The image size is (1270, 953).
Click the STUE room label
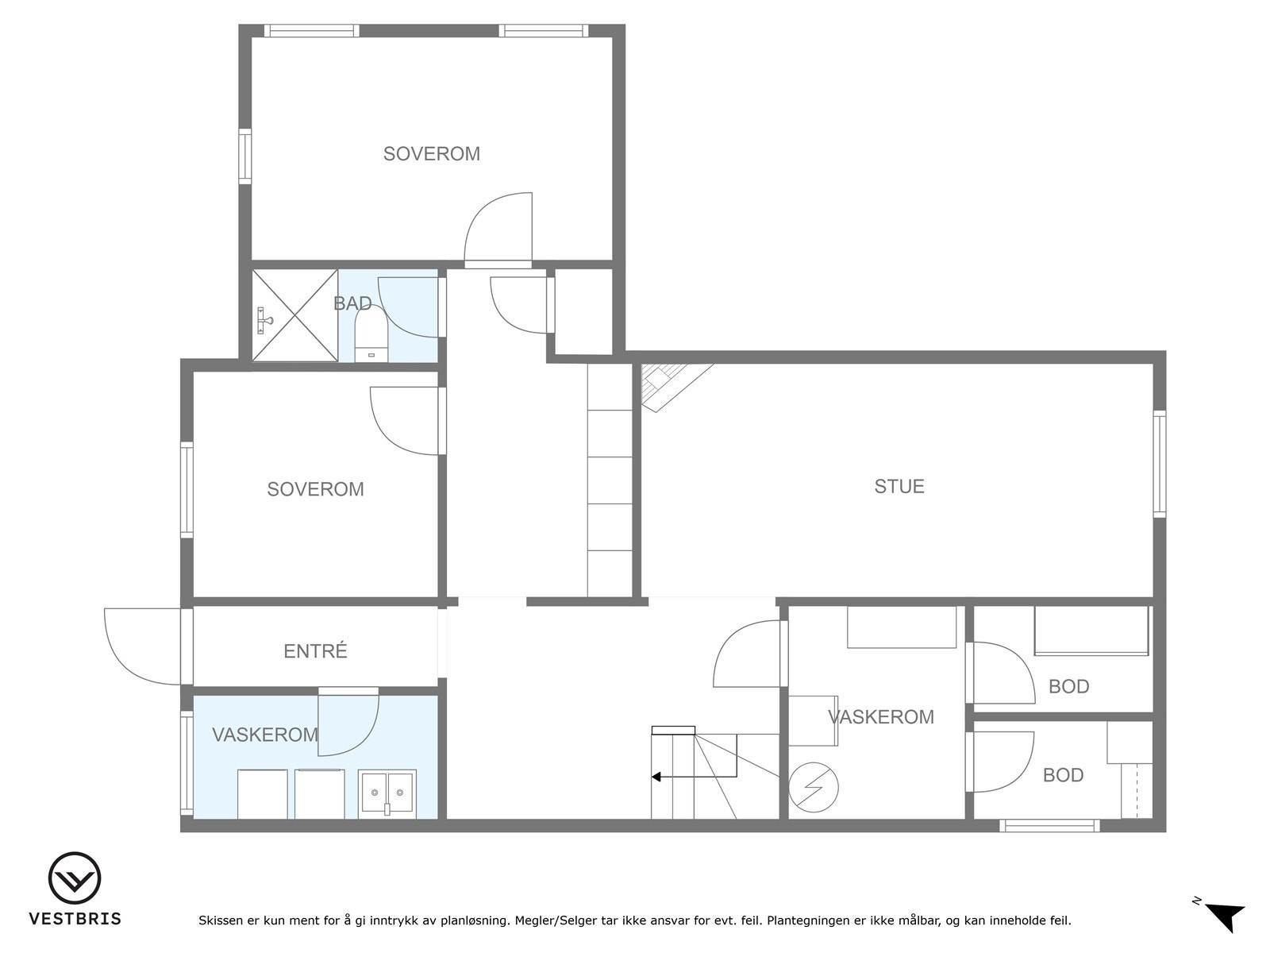tap(899, 486)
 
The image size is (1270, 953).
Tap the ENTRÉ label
tap(315, 651)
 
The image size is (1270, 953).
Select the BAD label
tap(352, 303)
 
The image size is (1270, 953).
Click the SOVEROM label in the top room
tap(431, 154)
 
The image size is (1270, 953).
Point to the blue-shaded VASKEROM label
tap(264, 735)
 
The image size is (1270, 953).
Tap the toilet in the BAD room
tap(370, 334)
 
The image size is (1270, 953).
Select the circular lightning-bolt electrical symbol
tap(814, 787)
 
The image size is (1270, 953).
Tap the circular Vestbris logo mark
tap(75, 878)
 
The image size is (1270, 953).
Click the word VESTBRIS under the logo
tap(75, 919)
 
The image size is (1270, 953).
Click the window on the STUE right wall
tap(1160, 465)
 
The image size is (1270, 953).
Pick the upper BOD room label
tap(1068, 687)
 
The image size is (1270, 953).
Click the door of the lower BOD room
tap(1002, 762)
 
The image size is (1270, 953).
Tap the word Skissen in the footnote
tap(221, 921)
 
